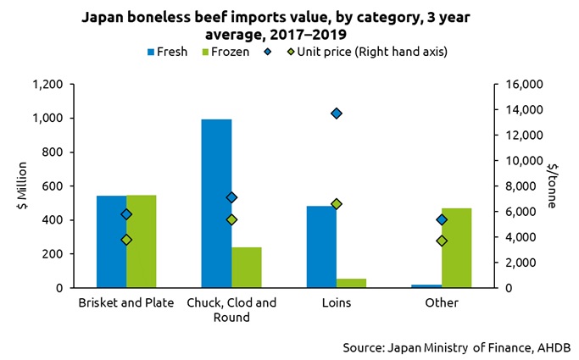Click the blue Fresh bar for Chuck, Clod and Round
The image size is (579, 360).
[216, 203]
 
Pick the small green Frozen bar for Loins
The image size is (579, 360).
[351, 283]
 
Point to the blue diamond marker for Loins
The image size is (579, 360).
[337, 114]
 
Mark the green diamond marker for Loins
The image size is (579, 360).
[337, 204]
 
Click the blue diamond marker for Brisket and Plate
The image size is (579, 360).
[126, 214]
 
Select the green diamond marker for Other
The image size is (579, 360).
[442, 241]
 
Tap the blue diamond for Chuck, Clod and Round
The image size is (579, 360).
[231, 197]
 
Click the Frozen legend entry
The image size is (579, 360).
[224, 52]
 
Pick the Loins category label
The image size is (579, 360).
[337, 303]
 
